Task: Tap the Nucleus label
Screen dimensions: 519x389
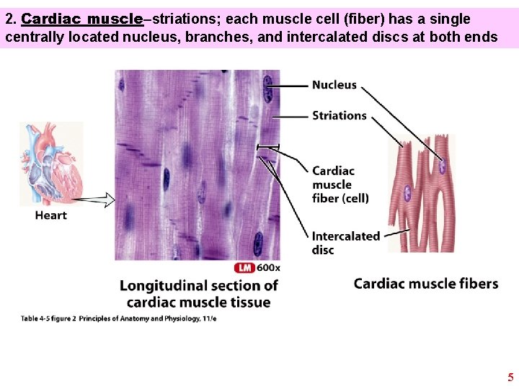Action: [x=334, y=85]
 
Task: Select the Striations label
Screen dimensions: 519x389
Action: [x=339, y=115]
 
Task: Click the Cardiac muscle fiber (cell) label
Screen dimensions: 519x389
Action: [x=340, y=184]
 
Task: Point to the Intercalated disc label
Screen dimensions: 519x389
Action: [x=345, y=243]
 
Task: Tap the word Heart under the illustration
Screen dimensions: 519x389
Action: [x=50, y=215]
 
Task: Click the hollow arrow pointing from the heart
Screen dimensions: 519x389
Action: [x=94, y=199]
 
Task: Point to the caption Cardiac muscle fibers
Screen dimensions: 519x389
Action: [x=425, y=283]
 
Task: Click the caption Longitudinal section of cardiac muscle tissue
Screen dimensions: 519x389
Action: [x=199, y=294]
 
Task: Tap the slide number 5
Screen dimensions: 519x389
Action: [x=510, y=377]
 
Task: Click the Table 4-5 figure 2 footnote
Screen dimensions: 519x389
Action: [x=119, y=318]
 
